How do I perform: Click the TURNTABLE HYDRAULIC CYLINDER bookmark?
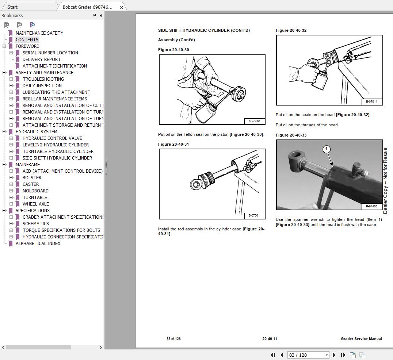pyautogui.click(x=58, y=152)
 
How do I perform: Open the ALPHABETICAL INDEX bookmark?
pyautogui.click(x=38, y=244)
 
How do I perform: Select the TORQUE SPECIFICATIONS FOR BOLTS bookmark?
pyautogui.click(x=61, y=230)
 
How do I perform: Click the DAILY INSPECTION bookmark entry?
pyautogui.click(x=42, y=86)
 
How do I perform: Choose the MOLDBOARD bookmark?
pyautogui.click(x=35, y=191)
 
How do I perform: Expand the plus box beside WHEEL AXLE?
pyautogui.click(x=11, y=204)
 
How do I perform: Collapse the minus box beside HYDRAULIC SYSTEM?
pyautogui.click(x=4, y=132)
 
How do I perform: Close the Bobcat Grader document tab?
pyautogui.click(x=121, y=7)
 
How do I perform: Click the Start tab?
pyautogui.click(x=12, y=7)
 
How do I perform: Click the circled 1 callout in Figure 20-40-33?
pyautogui.click(x=327, y=149)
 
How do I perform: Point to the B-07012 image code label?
pyautogui.click(x=254, y=121)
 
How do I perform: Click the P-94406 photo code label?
pyautogui.click(x=371, y=206)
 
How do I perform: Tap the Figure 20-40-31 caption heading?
pyautogui.click(x=173, y=144)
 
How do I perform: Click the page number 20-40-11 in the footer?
pyautogui.click(x=270, y=339)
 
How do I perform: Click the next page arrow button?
pyautogui.click(x=334, y=355)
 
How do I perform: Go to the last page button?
pyautogui.click(x=343, y=355)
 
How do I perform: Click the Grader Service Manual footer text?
pyautogui.click(x=361, y=339)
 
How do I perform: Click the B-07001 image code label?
pyautogui.click(x=254, y=215)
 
